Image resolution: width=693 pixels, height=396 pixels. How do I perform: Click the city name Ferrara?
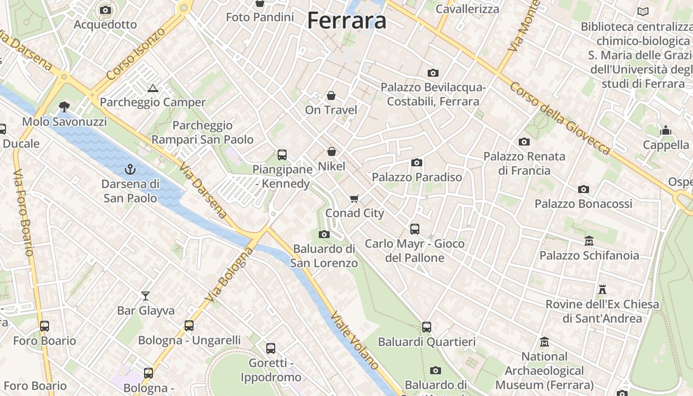(346, 21)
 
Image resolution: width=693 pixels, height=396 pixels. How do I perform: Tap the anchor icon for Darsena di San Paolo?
(130, 169)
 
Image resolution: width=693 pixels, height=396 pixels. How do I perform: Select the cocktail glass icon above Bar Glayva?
(146, 296)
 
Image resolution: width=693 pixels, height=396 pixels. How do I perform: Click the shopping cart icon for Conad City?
(354, 198)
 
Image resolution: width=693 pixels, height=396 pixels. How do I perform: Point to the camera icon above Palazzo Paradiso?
(417, 162)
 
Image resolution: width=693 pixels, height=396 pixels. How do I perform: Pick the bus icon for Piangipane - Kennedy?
(282, 155)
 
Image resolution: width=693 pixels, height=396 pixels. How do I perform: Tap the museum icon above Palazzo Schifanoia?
(589, 241)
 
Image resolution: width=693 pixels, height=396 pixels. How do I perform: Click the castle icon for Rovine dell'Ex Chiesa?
(602, 289)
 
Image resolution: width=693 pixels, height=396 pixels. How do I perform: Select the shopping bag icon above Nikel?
(332, 151)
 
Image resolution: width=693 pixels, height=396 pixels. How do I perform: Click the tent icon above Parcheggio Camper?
(152, 89)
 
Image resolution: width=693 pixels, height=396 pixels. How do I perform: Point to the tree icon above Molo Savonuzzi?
(64, 106)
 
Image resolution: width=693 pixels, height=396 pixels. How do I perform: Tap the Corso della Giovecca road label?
(560, 117)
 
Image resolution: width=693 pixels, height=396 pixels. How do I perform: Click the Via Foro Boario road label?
(23, 213)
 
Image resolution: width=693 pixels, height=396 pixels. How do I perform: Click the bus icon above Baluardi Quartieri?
(427, 327)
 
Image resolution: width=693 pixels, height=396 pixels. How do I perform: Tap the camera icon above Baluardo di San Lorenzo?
(324, 234)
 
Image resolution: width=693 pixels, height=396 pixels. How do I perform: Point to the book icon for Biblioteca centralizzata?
(643, 11)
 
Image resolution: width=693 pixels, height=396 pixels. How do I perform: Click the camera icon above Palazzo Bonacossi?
(584, 189)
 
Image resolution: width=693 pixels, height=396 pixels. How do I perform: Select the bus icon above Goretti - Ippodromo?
(271, 348)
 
